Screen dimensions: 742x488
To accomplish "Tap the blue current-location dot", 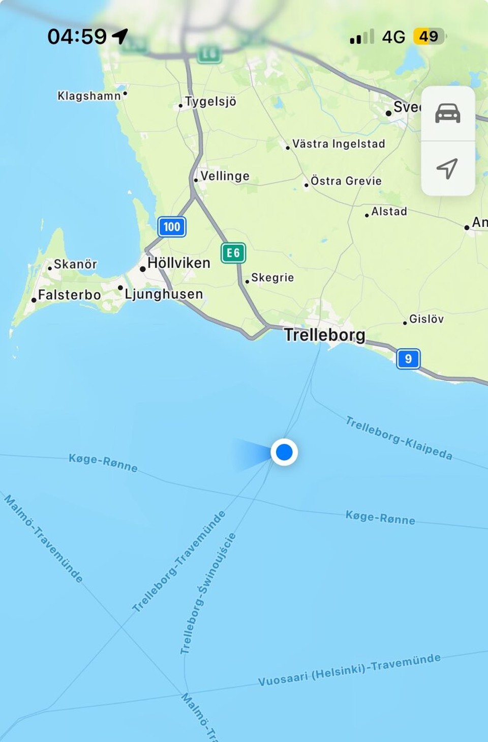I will click(284, 452).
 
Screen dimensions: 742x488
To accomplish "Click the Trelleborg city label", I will click(324, 335).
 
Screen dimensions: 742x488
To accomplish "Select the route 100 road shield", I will click(172, 227).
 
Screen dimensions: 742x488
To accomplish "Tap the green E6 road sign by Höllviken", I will click(233, 253).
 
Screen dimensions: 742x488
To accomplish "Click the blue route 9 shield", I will click(408, 359).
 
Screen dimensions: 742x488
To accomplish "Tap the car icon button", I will click(448, 113).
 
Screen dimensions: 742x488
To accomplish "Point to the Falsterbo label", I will click(69, 295).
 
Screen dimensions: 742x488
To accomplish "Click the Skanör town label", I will click(75, 264).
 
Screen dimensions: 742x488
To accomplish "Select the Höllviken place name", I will click(178, 263).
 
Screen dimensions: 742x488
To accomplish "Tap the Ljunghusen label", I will click(164, 294).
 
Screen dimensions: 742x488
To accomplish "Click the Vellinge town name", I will click(225, 176).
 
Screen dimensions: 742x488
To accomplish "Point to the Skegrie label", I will click(272, 278).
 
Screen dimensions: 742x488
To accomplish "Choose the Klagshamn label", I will click(89, 96).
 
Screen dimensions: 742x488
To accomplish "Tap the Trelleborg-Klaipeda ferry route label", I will click(399, 438).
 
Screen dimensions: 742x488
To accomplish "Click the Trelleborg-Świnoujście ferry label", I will click(208, 593).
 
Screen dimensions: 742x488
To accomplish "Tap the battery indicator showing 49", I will click(429, 37).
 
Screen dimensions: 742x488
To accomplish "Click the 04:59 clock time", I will click(77, 37).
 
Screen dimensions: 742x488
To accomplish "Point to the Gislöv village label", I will click(426, 319).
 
